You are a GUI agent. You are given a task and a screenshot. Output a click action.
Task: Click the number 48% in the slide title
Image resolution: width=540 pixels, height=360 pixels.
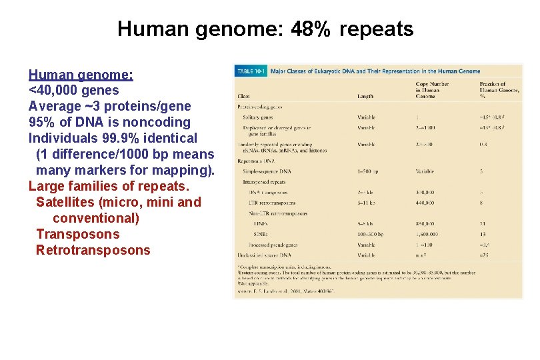311,29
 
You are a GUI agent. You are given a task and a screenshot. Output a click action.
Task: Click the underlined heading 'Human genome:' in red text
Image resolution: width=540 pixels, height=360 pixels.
81,74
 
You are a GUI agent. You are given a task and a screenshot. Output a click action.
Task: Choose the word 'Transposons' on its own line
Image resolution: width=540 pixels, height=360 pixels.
78,234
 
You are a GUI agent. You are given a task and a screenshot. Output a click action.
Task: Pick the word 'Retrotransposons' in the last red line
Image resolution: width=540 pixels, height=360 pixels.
93,250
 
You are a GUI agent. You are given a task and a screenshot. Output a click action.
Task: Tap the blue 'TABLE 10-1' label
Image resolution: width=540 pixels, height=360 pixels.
251,71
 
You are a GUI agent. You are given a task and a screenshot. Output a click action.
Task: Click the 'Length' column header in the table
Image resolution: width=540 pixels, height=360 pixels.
365,96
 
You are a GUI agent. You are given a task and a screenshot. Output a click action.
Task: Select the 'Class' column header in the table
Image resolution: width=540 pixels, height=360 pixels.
244,96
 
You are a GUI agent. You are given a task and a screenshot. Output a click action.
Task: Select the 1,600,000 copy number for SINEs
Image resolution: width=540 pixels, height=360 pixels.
429,235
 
